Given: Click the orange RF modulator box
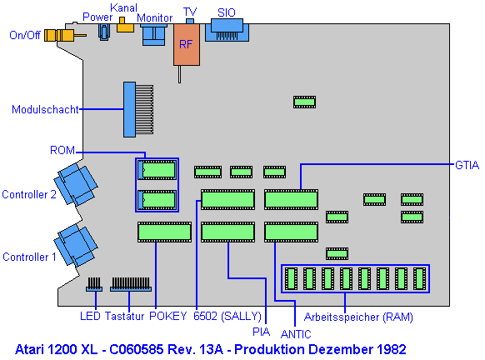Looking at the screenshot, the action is [x=187, y=44].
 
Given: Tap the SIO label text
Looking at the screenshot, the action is [x=227, y=12].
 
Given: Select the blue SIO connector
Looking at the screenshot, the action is [x=227, y=30].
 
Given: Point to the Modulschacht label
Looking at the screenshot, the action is [x=45, y=109].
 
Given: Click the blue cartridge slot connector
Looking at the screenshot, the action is [x=138, y=109].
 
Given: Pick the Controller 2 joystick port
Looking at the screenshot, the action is [x=76, y=184].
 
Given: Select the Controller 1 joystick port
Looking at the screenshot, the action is [x=76, y=246].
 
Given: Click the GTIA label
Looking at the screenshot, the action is [x=467, y=165].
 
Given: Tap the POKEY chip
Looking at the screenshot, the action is [x=164, y=232].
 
